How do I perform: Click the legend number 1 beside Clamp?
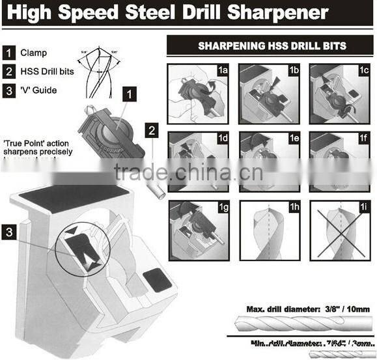coord(10,53)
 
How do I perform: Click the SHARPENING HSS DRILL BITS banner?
coord(271,46)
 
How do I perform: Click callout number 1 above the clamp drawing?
coord(130,95)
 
